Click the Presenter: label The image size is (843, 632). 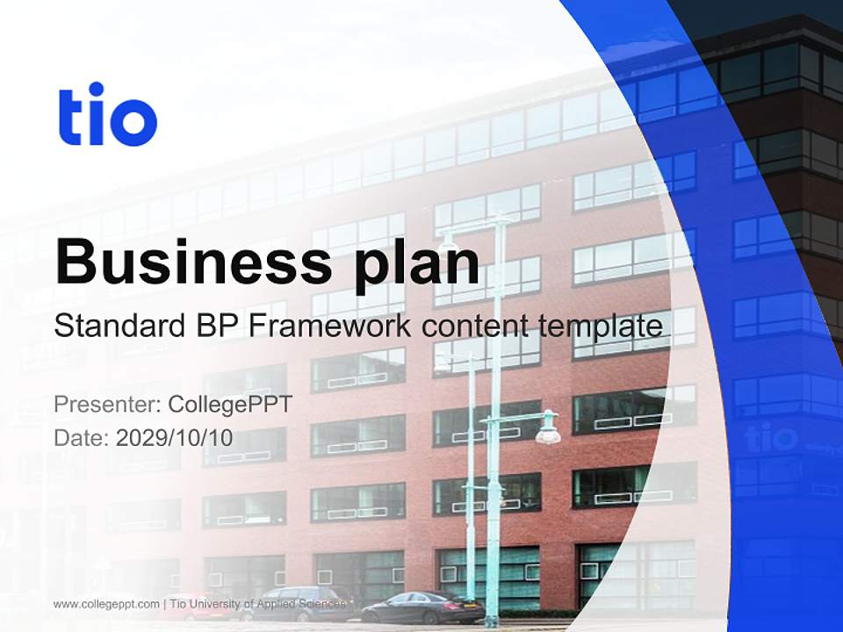point(106,405)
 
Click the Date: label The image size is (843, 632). point(82,437)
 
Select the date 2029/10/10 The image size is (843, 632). point(175,437)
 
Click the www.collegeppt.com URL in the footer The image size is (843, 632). point(106,604)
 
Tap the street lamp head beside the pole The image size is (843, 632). point(548,430)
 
